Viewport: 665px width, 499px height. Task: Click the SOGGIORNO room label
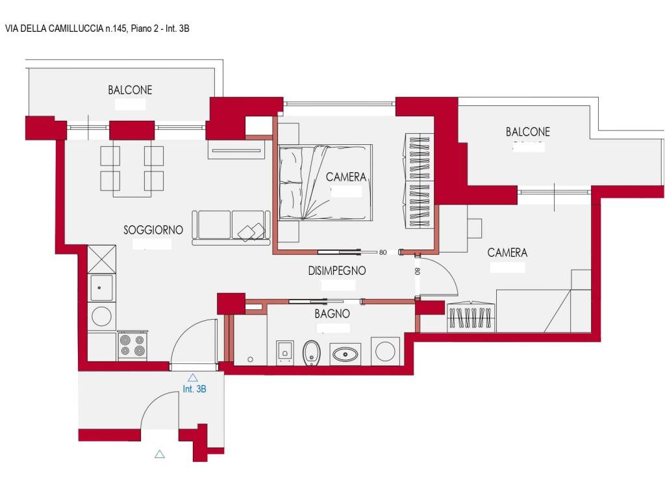[x=153, y=230]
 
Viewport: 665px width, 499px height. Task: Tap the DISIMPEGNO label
[x=337, y=271]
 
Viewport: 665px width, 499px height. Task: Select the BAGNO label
[x=332, y=314]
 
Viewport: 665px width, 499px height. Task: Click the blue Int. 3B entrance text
[x=194, y=389]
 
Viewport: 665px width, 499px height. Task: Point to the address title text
[x=97, y=29]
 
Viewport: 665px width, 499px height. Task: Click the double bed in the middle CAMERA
[x=325, y=183]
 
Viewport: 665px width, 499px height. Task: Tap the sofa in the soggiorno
[x=231, y=228]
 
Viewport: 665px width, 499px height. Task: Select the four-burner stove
[x=132, y=345]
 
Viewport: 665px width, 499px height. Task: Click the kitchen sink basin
[x=101, y=288]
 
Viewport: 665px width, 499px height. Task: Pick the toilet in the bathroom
[x=311, y=353]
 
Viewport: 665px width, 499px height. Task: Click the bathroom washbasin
[x=345, y=354]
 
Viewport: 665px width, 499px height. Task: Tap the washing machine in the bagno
[x=385, y=351]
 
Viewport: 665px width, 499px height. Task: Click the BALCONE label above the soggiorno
[x=130, y=90]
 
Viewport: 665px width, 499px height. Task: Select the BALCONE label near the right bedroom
[x=527, y=132]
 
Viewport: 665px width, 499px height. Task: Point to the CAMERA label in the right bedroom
[x=507, y=253]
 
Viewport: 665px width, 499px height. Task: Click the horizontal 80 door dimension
[x=383, y=253]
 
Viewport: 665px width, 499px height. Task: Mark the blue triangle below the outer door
[x=160, y=454]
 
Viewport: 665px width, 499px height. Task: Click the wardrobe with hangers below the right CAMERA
[x=471, y=316]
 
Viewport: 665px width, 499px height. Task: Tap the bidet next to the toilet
[x=284, y=353]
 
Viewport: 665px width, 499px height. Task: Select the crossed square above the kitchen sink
[x=101, y=259]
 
